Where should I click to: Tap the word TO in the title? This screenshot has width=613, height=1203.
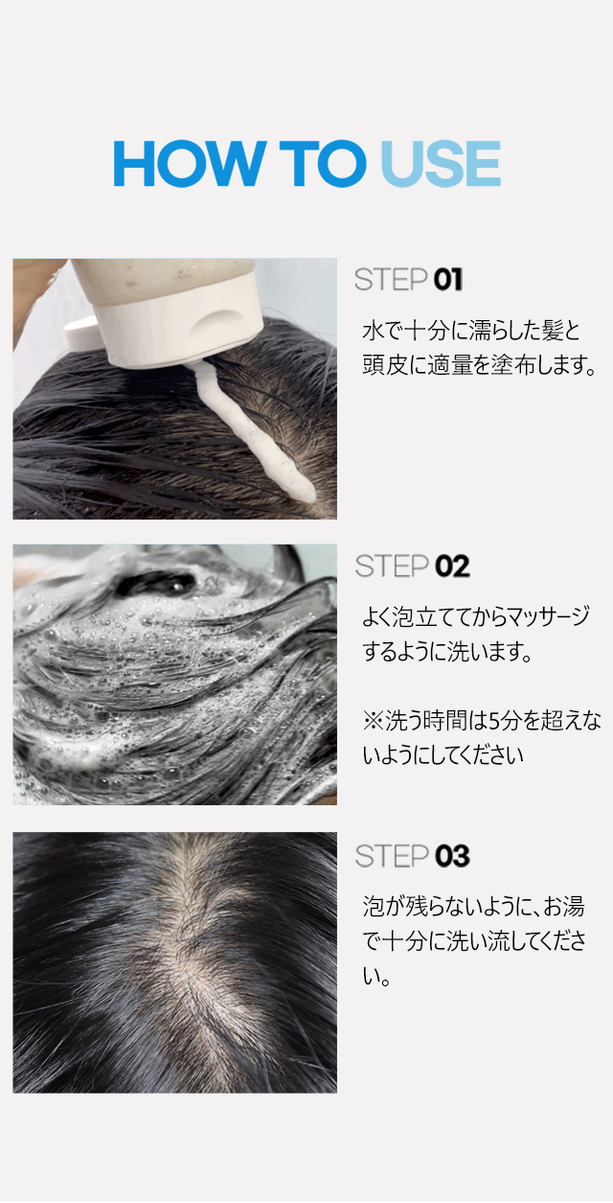tap(323, 163)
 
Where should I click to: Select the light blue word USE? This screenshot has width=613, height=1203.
tap(442, 163)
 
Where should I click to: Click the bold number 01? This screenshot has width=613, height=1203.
tap(447, 280)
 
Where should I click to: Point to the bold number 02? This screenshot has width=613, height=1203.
tap(452, 567)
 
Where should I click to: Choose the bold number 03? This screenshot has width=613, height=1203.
tap(452, 856)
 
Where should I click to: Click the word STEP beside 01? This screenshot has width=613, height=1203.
tap(391, 280)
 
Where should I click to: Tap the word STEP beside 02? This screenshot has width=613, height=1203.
tap(392, 567)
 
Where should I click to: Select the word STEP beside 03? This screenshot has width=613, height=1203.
tap(392, 856)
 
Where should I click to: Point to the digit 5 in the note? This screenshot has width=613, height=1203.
tap(495, 721)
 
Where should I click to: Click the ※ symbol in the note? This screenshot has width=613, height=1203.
tap(373, 721)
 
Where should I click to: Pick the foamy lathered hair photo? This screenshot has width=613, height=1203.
tap(175, 675)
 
